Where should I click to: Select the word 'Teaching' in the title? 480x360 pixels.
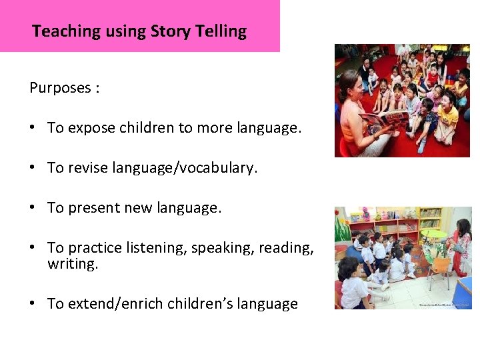tap(66, 31)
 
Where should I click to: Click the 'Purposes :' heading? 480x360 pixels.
tap(65, 88)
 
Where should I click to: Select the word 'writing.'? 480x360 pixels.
tap(73, 264)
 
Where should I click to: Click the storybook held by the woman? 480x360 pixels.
tap(385, 122)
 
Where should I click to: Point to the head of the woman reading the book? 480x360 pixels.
tap(351, 85)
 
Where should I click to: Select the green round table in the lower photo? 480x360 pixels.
tap(434, 235)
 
